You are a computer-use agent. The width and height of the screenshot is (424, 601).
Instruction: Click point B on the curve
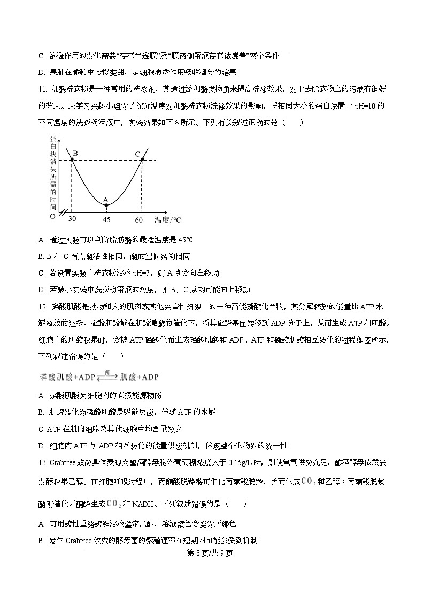72,160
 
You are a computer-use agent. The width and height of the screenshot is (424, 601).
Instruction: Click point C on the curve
142,160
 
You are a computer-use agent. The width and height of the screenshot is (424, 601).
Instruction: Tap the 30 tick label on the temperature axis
72,220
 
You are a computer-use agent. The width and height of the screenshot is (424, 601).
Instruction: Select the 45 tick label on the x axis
106,220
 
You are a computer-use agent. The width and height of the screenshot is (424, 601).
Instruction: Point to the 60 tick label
139,220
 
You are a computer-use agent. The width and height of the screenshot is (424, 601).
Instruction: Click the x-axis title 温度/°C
167,220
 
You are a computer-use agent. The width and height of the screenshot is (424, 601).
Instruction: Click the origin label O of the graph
52,217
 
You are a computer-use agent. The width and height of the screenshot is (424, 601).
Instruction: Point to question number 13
43,462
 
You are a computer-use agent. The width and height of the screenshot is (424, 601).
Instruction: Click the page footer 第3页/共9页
212,553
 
